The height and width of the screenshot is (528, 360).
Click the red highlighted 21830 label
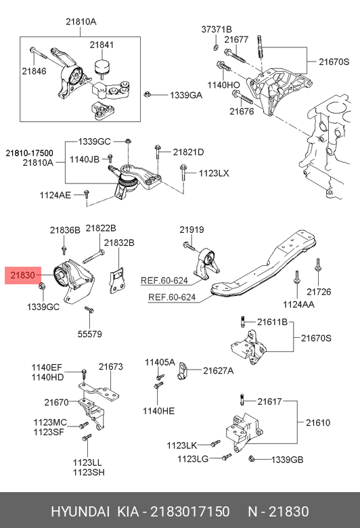tap(23, 276)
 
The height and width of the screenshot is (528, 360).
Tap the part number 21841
tap(102, 45)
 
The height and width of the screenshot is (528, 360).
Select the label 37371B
tap(217, 29)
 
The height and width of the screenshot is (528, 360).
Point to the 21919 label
tap(192, 229)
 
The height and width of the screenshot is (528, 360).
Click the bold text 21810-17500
tap(29, 153)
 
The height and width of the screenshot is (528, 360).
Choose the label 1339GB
tap(288, 460)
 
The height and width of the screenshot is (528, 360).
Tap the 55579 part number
tap(89, 334)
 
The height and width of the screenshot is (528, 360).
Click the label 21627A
tap(218, 371)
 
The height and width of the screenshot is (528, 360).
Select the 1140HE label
tap(158, 411)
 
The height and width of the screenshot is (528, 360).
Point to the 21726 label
tap(319, 292)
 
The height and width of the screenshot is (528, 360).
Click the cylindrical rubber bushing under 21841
tap(102, 67)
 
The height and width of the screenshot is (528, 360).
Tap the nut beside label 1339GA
tap(147, 94)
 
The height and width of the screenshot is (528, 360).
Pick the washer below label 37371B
tap(216, 47)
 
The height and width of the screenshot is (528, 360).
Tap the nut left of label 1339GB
tap(251, 459)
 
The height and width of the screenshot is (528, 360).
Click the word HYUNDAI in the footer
tap(80, 512)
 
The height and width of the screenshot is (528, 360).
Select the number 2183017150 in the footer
tap(190, 512)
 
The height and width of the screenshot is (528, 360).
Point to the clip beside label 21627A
tap(182, 371)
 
